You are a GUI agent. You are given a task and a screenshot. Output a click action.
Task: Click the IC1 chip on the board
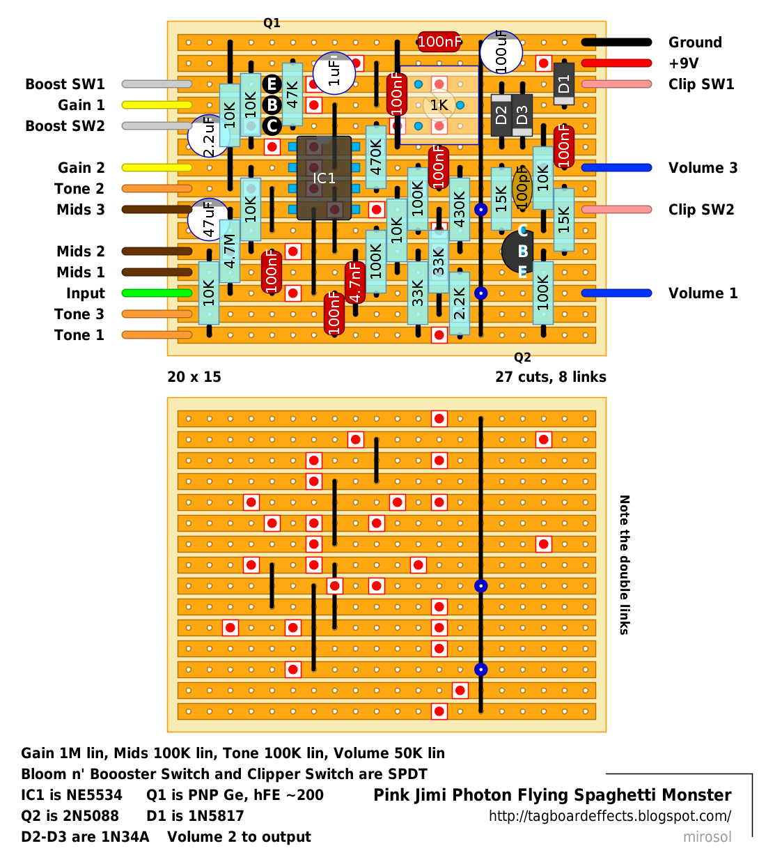click(324, 178)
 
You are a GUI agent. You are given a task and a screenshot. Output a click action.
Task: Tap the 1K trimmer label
click(439, 105)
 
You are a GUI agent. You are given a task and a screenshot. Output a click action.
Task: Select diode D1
click(563, 84)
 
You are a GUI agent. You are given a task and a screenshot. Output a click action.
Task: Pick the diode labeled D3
click(522, 115)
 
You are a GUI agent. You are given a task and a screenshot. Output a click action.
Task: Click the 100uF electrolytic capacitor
click(501, 52)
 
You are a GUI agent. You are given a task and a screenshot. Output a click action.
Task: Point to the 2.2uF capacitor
click(208, 136)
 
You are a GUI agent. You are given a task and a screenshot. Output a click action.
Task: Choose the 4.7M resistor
click(230, 251)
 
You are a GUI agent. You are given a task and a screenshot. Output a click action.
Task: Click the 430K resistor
click(459, 209)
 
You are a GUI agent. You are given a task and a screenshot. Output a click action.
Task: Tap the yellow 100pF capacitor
click(522, 188)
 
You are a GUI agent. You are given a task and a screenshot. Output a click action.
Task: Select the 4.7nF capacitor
click(355, 282)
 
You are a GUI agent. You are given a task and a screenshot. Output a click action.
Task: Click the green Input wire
click(157, 293)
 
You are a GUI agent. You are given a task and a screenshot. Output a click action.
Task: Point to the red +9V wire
click(616, 63)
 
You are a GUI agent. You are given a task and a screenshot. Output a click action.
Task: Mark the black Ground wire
click(616, 42)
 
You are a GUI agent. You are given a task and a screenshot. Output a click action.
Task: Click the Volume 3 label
click(703, 168)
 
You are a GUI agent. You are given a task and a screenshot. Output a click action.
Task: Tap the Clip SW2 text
click(701, 209)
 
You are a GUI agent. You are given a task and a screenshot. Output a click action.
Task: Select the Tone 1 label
click(79, 335)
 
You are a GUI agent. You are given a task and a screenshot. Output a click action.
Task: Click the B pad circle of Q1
click(272, 105)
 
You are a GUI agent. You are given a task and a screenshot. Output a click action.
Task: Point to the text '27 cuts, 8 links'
click(550, 376)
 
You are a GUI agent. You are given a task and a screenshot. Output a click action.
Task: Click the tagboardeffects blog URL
click(610, 815)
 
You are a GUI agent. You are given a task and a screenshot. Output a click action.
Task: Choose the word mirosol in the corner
click(707, 836)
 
